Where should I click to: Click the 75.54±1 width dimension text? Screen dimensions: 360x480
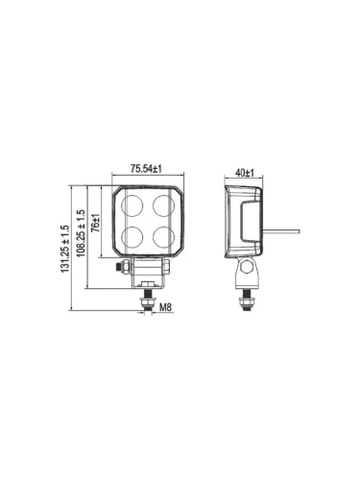tap(146, 169)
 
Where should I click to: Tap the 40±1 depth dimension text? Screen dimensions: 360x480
tap(245, 173)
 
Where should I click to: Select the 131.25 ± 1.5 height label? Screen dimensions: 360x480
tap(65, 249)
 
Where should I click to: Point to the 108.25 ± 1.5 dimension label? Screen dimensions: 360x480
tap(81, 233)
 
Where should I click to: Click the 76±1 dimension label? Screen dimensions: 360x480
tap(95, 223)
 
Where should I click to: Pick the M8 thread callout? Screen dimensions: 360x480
tap(165, 307)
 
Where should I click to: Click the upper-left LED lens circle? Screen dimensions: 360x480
tap(132, 205)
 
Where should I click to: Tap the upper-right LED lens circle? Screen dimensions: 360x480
tap(163, 205)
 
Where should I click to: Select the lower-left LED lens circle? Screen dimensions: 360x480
tap(132, 236)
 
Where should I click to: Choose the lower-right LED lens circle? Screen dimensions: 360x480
tap(163, 236)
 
